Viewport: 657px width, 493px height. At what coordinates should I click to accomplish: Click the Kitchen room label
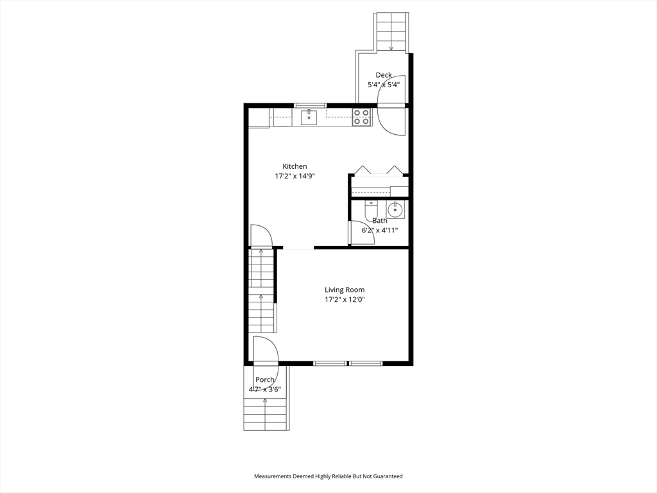click(294, 166)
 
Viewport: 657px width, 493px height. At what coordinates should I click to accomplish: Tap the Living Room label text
click(344, 290)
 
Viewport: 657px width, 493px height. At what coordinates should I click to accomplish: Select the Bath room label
click(380, 220)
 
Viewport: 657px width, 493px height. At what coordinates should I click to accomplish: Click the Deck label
click(384, 75)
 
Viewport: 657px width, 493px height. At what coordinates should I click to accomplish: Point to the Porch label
click(265, 380)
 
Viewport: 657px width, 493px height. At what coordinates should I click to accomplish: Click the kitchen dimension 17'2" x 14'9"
click(294, 176)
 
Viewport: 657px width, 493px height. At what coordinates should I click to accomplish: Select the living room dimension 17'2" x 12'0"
click(344, 299)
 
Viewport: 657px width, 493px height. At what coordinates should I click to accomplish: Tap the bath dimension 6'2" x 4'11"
click(380, 230)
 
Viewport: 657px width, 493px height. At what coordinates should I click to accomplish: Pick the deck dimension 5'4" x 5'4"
click(384, 85)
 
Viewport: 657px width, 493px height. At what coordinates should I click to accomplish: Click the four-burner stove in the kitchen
click(362, 117)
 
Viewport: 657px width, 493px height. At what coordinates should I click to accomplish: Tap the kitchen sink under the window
click(309, 116)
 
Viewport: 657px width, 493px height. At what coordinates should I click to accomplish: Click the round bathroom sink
click(395, 209)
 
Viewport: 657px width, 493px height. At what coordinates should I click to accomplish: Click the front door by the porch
click(265, 351)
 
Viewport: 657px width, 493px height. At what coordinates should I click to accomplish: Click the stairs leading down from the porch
click(265, 414)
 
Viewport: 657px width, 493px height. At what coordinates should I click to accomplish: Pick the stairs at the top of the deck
click(391, 31)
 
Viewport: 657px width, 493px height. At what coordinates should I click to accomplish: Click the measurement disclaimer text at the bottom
click(328, 476)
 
